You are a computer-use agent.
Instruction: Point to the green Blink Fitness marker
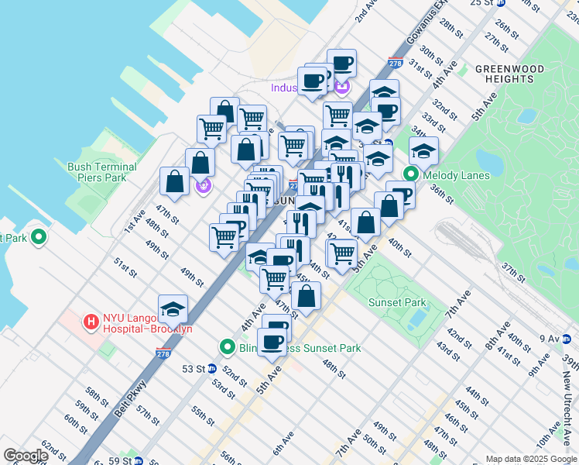click(227, 348)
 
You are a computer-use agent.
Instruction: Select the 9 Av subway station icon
click(567, 339)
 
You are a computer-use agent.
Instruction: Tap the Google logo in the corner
click(26, 456)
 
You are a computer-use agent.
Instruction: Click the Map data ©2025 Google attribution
click(531, 459)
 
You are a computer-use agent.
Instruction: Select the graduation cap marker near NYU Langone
click(173, 310)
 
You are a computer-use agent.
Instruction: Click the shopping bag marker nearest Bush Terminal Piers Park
click(175, 182)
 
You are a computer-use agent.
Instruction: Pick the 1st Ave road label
click(134, 221)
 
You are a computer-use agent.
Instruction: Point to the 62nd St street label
click(53, 449)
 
